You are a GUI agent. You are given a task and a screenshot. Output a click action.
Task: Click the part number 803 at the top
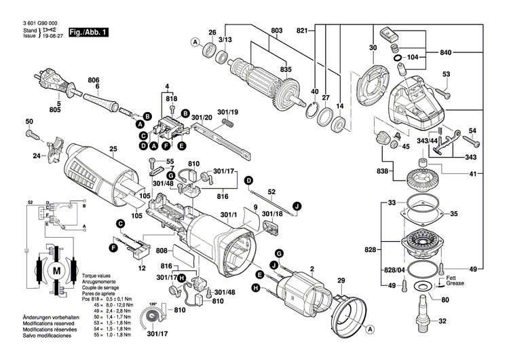point(276,31)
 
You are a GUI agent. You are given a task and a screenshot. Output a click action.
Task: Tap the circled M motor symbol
point(56,270)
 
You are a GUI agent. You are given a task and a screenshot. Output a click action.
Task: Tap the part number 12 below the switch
point(142,269)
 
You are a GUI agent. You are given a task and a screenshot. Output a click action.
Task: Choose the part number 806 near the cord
point(94,79)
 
